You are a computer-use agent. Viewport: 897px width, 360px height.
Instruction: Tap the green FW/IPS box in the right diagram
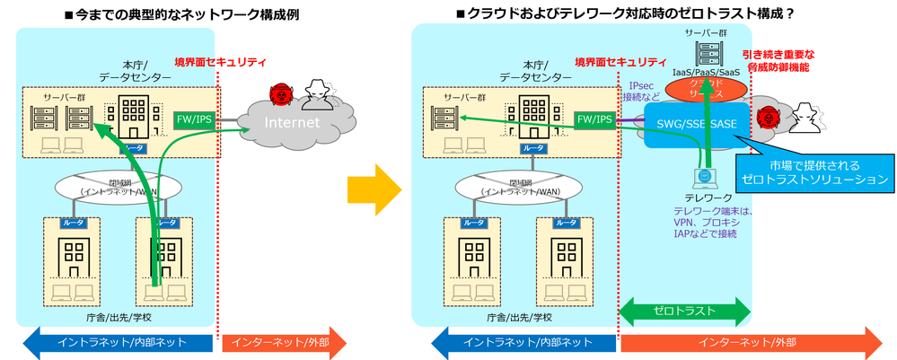(595, 119)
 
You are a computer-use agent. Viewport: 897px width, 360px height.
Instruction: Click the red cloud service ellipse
(709, 87)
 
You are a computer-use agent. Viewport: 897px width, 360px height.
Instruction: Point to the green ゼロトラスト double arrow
(685, 310)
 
